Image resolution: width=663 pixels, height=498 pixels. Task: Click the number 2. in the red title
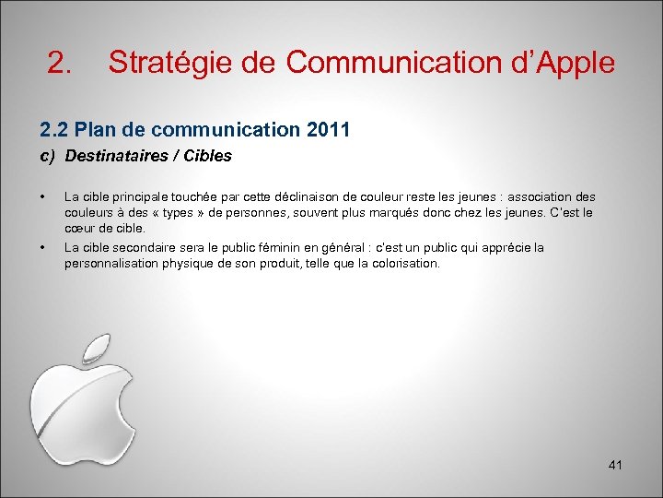point(60,63)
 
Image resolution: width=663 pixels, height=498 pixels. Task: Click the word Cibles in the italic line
point(208,156)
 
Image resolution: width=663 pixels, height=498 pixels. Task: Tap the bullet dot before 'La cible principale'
point(42,196)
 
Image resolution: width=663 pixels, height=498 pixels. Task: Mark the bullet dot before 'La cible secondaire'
point(42,247)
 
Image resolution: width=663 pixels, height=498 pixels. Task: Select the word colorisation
point(404,263)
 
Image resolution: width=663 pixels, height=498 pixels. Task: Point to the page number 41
point(615,466)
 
